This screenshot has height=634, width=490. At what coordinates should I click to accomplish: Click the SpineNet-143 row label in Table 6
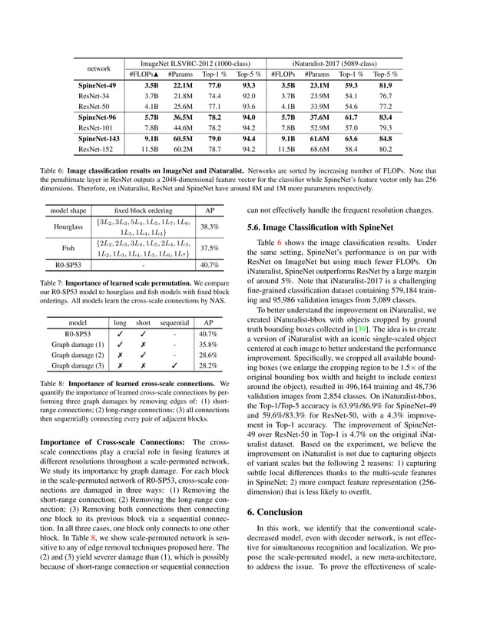(98, 139)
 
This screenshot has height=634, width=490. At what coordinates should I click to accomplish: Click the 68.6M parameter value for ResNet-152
(316, 150)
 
